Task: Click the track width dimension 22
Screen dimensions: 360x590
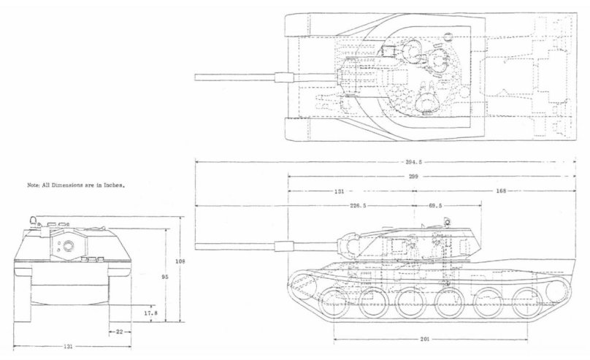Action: click(x=119, y=332)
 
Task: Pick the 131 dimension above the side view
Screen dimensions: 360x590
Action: click(x=338, y=191)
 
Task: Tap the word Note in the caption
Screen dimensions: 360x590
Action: click(x=34, y=186)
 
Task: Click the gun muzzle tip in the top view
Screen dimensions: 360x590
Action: click(x=196, y=76)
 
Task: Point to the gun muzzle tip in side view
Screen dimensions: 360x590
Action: click(x=196, y=247)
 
